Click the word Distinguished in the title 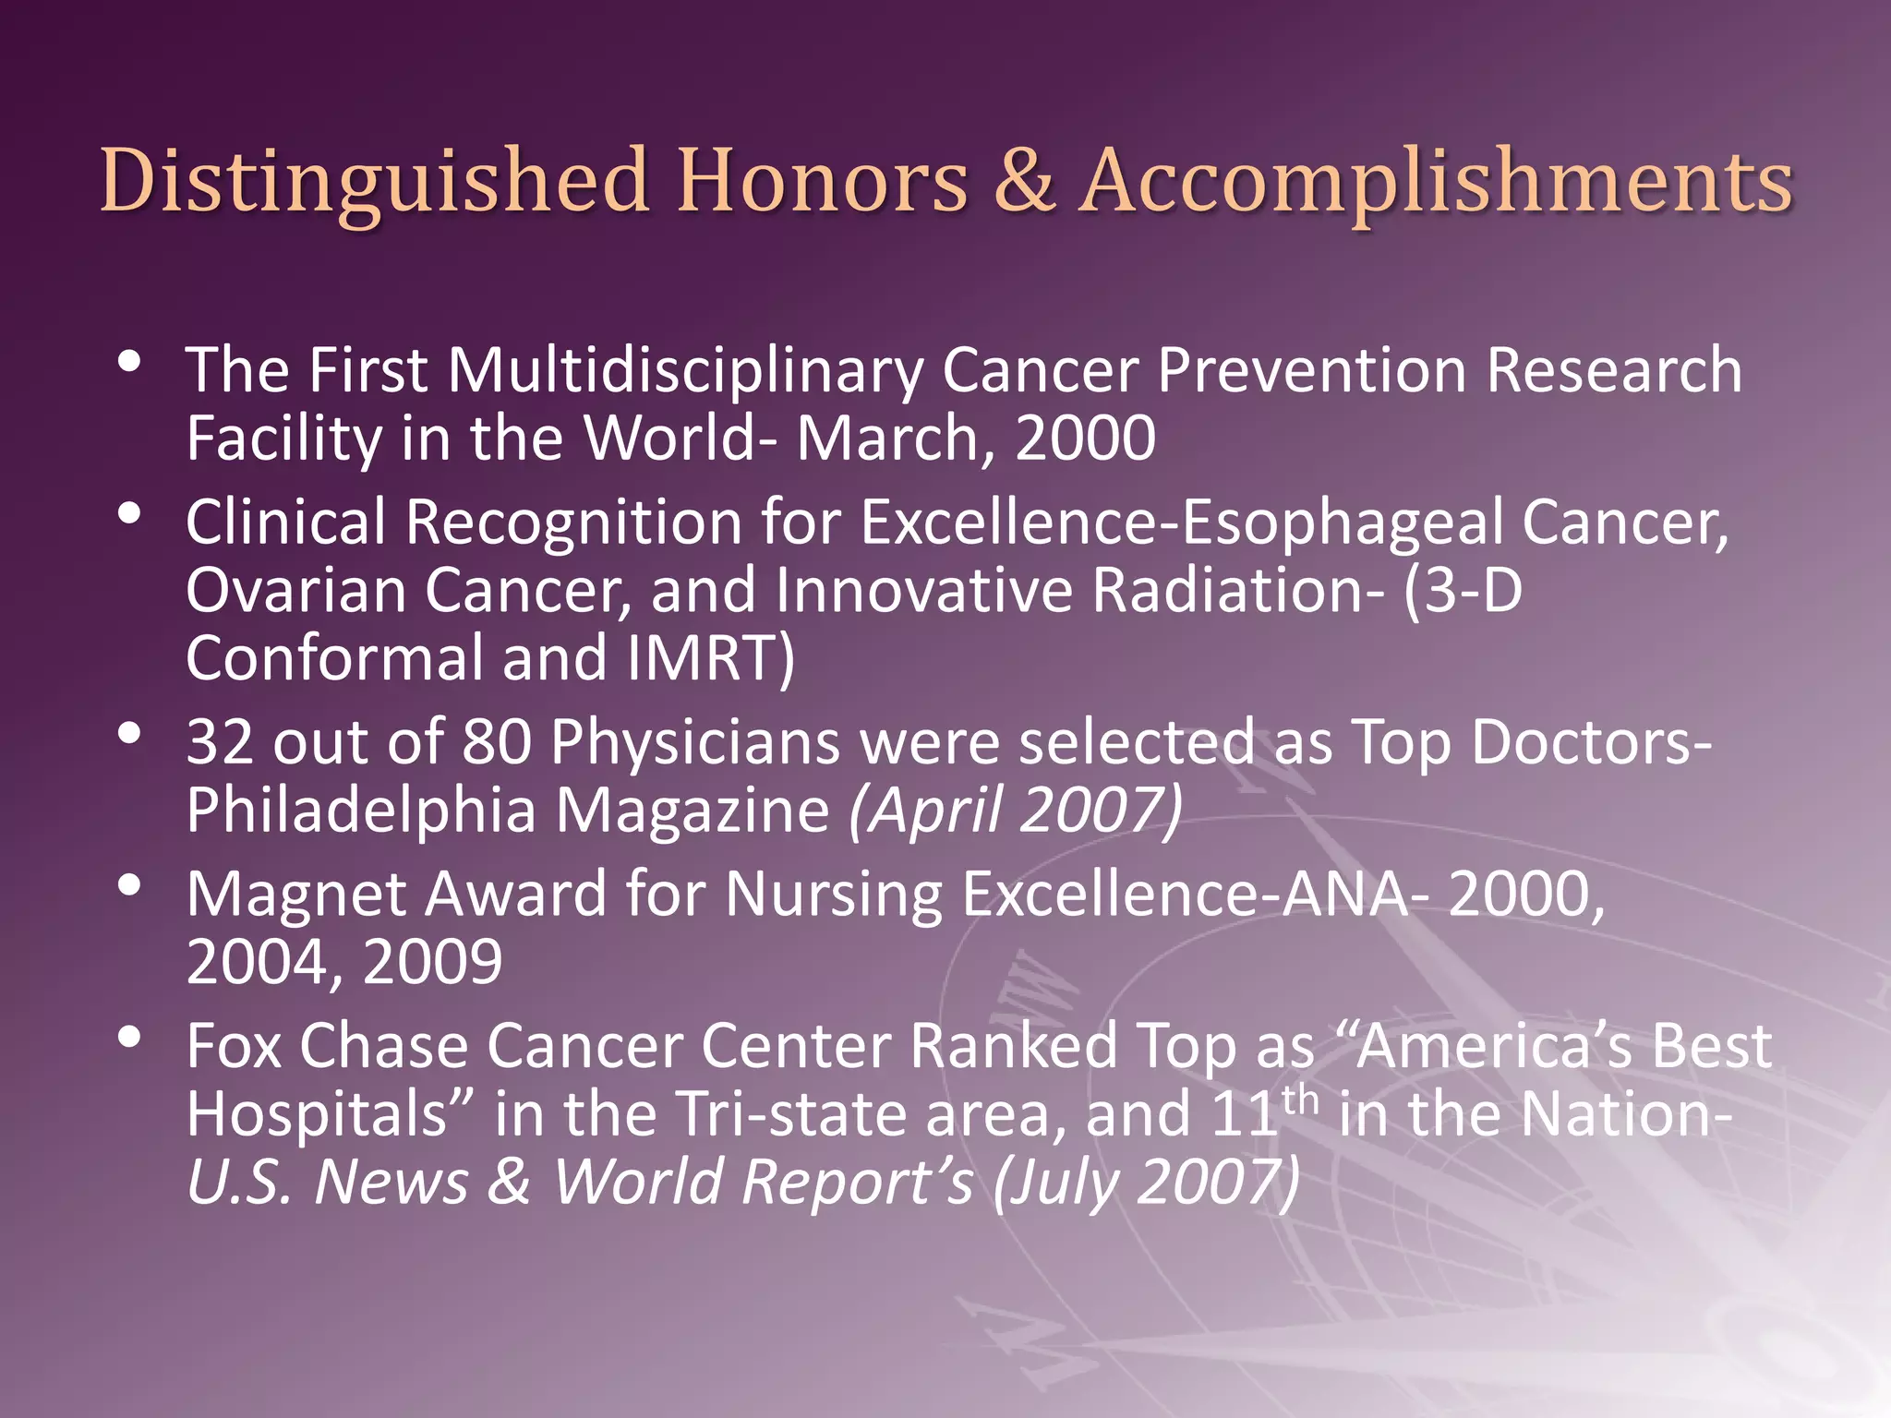[x=373, y=182]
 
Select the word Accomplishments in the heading [x=1436, y=182]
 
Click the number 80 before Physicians [x=497, y=742]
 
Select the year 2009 [x=432, y=963]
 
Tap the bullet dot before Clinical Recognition [x=130, y=513]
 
